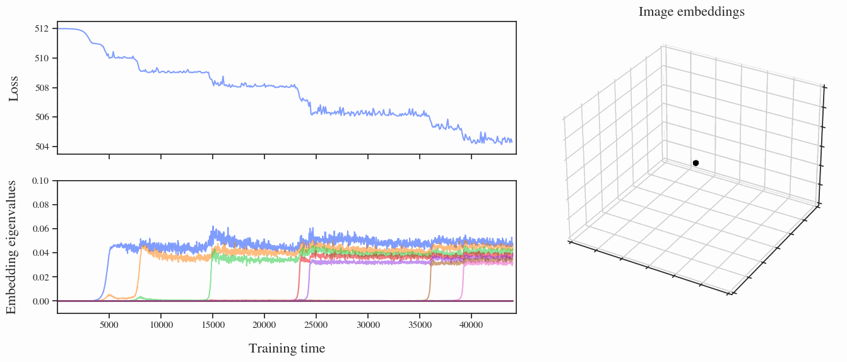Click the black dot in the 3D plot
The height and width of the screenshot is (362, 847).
coord(696,163)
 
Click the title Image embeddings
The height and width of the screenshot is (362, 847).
coord(691,11)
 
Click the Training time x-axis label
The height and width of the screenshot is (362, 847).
coord(287,348)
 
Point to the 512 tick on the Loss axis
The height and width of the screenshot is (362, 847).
coord(42,28)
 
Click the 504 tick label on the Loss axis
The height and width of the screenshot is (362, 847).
coord(42,147)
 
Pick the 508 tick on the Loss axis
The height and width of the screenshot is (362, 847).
coord(42,88)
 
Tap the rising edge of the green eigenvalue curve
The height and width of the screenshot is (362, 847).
coord(210,278)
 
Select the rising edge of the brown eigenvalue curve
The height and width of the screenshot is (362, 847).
coord(430,281)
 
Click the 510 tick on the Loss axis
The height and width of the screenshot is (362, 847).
coord(42,58)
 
